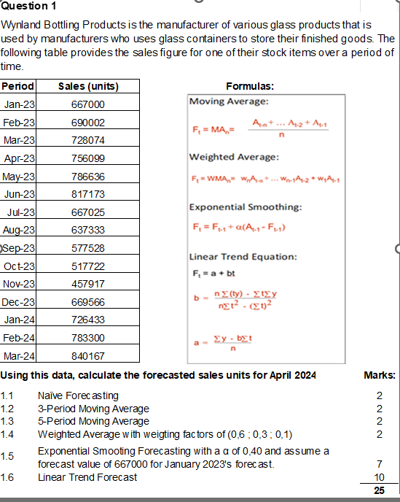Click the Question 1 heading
(x=30, y=7)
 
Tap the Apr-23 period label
(x=20, y=158)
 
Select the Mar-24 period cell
(x=20, y=356)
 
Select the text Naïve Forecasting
(x=77, y=395)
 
